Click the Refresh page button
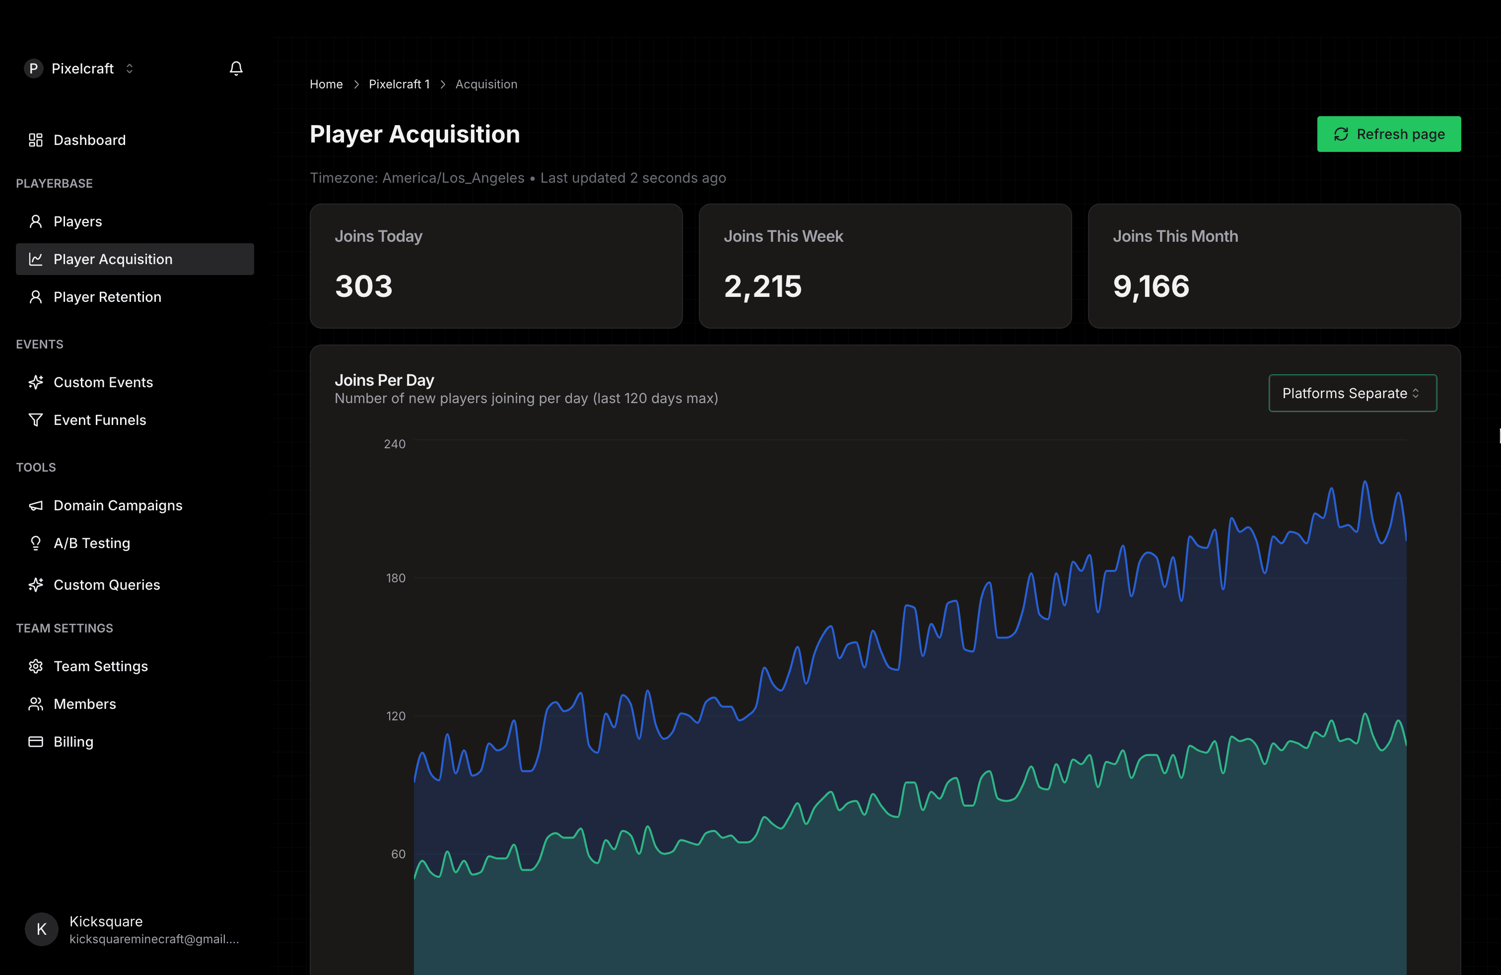(x=1388, y=135)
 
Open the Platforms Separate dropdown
(x=1352, y=393)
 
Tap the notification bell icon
(x=236, y=68)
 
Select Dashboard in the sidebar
(x=89, y=140)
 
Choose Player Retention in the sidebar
(x=107, y=297)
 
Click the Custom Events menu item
(x=103, y=382)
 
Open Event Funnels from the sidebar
(x=100, y=420)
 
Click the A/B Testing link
(x=91, y=543)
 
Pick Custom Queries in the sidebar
(x=107, y=585)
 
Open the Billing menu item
(x=73, y=742)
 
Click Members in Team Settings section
(x=84, y=704)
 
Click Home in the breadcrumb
(x=326, y=84)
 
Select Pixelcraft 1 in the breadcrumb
(x=399, y=84)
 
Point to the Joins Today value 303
(x=363, y=286)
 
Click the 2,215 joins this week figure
(x=762, y=286)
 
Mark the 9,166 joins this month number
(x=1151, y=286)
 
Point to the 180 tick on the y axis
(x=396, y=578)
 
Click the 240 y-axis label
(x=394, y=444)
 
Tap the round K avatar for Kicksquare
(x=42, y=929)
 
